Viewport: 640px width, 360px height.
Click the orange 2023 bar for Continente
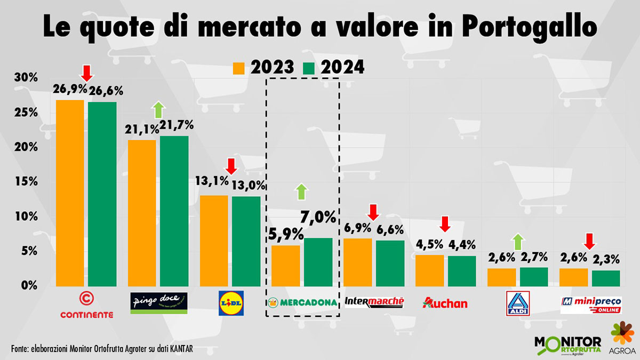coord(70,193)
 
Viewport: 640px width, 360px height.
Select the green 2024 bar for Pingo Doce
coord(173,211)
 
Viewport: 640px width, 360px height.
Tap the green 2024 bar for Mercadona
coord(318,261)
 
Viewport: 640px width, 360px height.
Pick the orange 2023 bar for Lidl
coord(214,240)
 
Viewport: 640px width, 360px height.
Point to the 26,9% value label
coord(69,89)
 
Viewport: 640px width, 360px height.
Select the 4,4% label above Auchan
coord(462,246)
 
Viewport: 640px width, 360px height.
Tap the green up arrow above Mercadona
coord(301,191)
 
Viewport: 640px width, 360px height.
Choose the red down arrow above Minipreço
coord(589,242)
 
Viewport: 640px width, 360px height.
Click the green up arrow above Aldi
coord(516,242)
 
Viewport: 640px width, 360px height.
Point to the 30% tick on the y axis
coord(26,78)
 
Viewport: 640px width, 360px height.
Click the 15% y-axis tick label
coord(26,182)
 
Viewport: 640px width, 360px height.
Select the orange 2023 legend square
coord(238,68)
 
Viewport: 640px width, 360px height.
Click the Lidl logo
coord(231,302)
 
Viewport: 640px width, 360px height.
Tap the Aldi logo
coord(516,302)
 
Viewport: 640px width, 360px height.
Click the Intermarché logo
coord(374,302)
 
